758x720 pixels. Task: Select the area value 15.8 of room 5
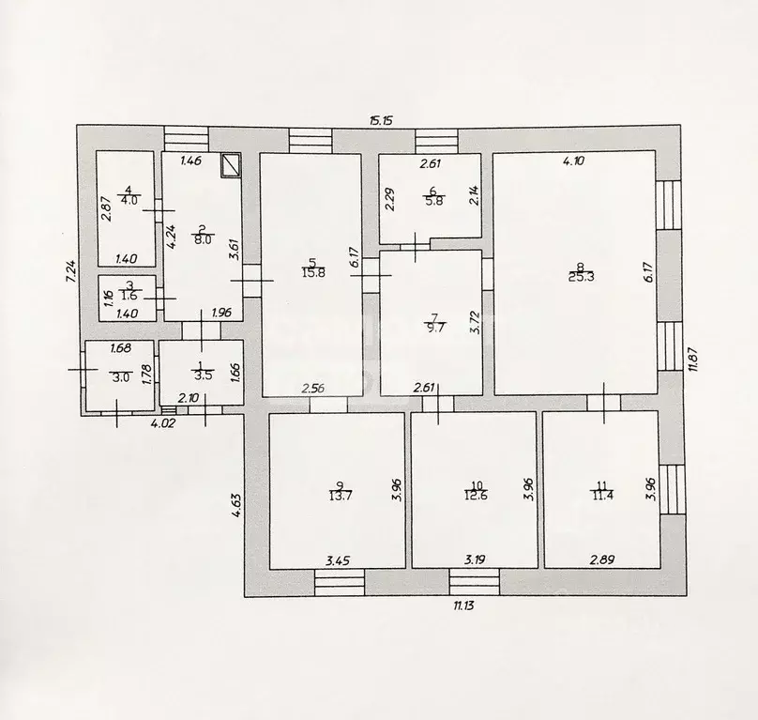point(313,273)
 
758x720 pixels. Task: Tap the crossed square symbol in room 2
point(231,165)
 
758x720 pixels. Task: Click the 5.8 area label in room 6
point(434,201)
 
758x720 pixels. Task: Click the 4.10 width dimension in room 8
point(573,161)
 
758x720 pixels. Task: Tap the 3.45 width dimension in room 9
point(338,560)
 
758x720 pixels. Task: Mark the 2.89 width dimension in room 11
point(602,560)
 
